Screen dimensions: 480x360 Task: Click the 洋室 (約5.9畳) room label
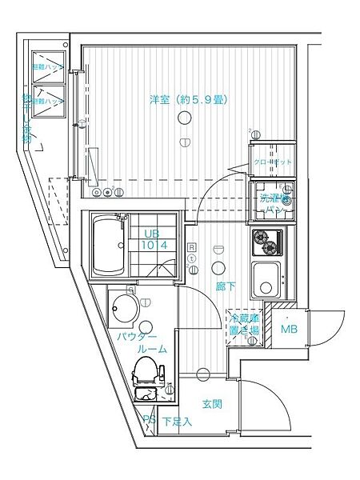coord(189,100)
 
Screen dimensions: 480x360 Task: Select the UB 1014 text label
coord(154,239)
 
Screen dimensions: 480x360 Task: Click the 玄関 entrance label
coord(211,404)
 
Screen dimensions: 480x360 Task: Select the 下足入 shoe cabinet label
coord(176,421)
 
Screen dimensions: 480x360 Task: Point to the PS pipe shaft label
coord(148,419)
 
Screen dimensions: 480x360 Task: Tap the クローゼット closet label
coord(273,162)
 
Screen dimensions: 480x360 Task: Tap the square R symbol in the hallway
coord(192,247)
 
